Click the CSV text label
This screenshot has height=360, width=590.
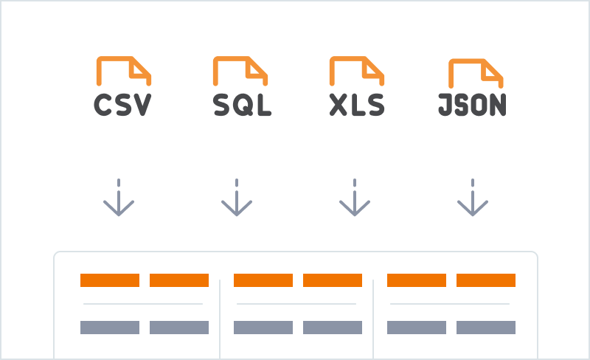click(x=122, y=105)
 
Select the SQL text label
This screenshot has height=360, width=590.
click(x=242, y=105)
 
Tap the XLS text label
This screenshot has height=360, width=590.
click(x=357, y=105)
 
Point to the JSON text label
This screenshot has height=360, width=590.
click(x=472, y=105)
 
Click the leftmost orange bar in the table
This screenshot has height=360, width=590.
click(x=110, y=280)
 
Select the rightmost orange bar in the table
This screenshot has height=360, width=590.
click(x=486, y=280)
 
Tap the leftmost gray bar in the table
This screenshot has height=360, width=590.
click(x=110, y=328)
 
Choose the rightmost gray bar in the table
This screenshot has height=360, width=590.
click(x=486, y=328)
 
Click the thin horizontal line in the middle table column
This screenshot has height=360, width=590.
click(x=296, y=304)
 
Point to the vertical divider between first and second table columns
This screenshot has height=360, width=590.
click(x=220, y=319)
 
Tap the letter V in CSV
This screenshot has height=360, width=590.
click(x=142, y=105)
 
